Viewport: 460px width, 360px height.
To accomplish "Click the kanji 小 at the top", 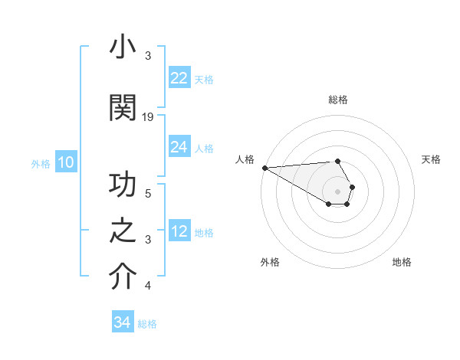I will click(123, 47).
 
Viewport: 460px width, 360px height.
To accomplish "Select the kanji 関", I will click(123, 108).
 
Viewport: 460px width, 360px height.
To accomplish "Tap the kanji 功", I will click(123, 185).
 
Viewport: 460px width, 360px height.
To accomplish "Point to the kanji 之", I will click(123, 231).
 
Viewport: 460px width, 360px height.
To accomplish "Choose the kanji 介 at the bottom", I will click(123, 277).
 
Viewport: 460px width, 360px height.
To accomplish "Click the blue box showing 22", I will click(179, 78).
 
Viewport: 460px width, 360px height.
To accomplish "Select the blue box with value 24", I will click(179, 147).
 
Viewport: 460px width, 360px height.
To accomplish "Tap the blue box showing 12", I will click(179, 231).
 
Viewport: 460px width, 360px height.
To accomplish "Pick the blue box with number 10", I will click(65, 162).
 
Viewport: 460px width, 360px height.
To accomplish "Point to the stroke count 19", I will click(148, 116).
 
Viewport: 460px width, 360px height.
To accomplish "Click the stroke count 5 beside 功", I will click(148, 193).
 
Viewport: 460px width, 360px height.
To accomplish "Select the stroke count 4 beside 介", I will click(148, 286).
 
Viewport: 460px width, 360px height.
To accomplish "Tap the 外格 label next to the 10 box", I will click(41, 163).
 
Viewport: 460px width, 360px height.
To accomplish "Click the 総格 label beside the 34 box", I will click(147, 323).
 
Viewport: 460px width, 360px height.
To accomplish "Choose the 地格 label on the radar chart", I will click(402, 262).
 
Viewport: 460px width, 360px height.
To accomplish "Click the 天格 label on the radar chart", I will click(431, 159).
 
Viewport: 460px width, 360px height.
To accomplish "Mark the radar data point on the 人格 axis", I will click(264, 168).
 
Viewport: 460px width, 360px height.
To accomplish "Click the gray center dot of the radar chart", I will click(337, 191).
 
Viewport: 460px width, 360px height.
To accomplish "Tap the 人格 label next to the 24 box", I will click(204, 148).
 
